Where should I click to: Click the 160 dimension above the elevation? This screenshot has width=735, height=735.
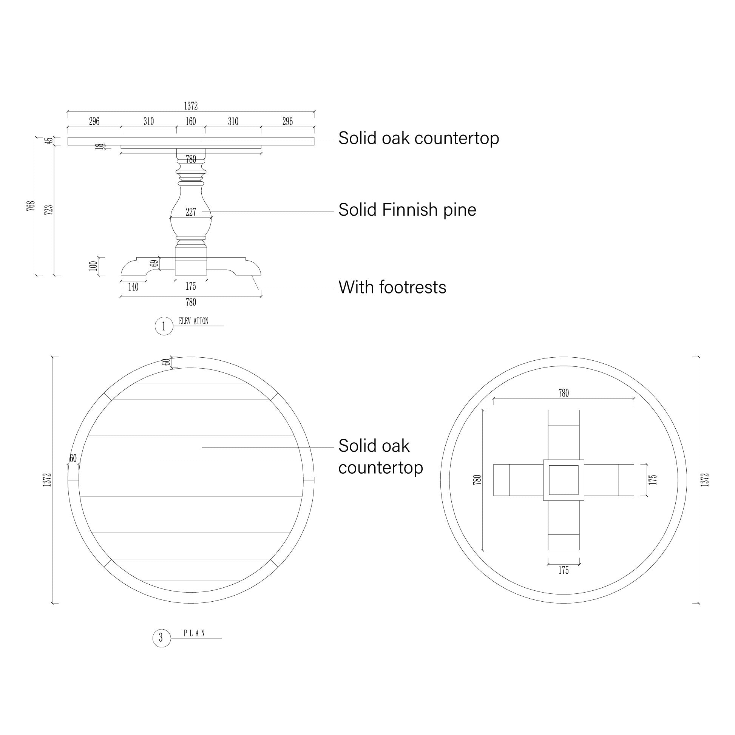click(x=191, y=121)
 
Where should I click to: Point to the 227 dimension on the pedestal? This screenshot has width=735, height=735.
click(x=191, y=212)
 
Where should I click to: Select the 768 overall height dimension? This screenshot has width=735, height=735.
click(x=31, y=205)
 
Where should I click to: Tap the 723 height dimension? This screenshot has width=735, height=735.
click(x=49, y=210)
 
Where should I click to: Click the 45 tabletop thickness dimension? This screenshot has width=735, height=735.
click(x=49, y=141)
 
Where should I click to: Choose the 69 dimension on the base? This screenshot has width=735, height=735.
click(x=153, y=263)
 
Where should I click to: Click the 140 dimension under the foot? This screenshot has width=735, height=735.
click(x=133, y=287)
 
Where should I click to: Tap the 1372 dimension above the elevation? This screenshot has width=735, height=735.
click(x=191, y=106)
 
